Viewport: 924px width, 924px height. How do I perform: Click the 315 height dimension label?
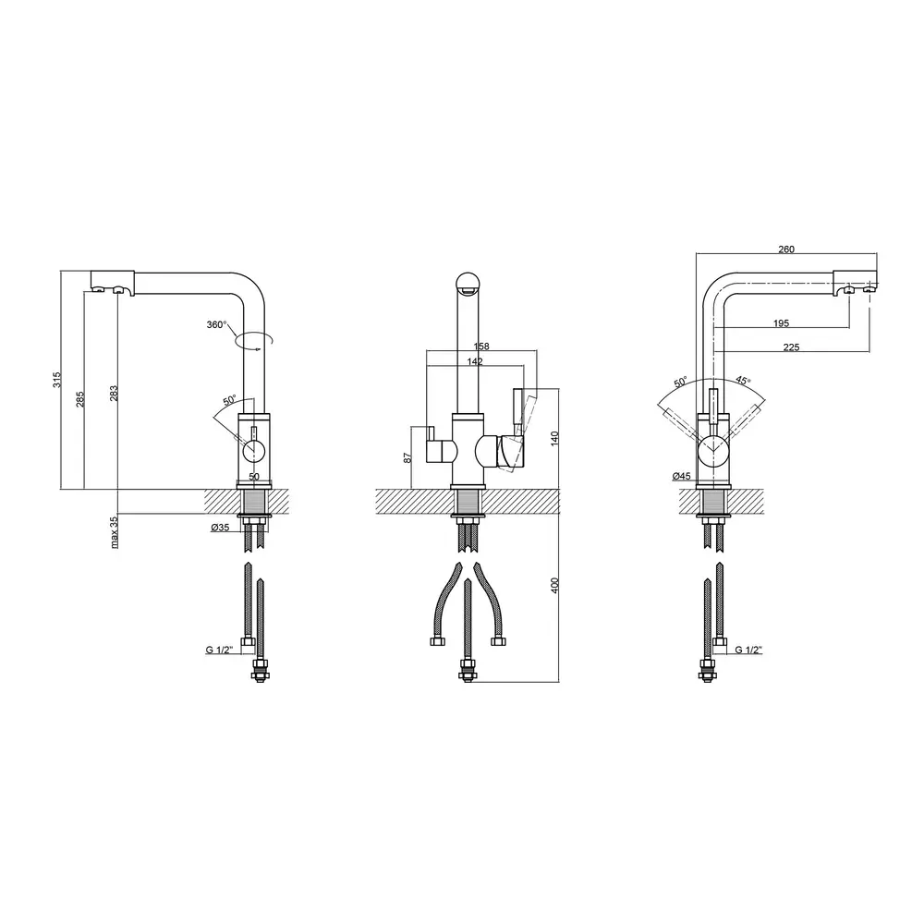coord(56,380)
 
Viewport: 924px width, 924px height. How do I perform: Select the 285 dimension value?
coord(80,399)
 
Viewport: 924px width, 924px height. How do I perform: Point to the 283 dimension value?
coord(114,393)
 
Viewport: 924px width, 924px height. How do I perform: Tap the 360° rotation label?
coord(216,324)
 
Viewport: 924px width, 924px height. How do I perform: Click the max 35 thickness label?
coord(114,532)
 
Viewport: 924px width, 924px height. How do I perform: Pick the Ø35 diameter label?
coord(221,528)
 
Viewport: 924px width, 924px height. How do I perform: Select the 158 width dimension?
coord(481,346)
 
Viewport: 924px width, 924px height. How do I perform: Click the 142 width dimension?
coord(475,361)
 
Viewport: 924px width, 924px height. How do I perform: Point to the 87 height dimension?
coord(407,458)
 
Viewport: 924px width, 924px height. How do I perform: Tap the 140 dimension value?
coord(553,438)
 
